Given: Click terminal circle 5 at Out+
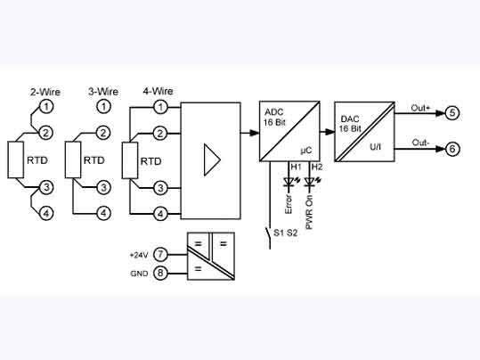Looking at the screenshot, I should click(x=452, y=112).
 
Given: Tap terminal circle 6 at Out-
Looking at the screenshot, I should click(x=452, y=149).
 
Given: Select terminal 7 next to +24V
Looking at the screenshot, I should click(x=160, y=255).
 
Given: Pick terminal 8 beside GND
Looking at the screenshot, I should click(x=160, y=273).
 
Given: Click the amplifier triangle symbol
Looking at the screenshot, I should click(x=211, y=160).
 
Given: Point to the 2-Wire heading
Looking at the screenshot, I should click(x=45, y=91).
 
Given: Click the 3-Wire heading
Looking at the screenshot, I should click(x=103, y=91).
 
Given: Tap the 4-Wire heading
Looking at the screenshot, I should click(x=159, y=91).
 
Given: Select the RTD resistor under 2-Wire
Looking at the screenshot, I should click(x=15, y=160).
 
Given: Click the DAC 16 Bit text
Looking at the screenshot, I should click(x=349, y=123).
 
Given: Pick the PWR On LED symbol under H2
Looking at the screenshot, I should click(x=309, y=182).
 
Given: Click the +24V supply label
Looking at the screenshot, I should click(x=140, y=255).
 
